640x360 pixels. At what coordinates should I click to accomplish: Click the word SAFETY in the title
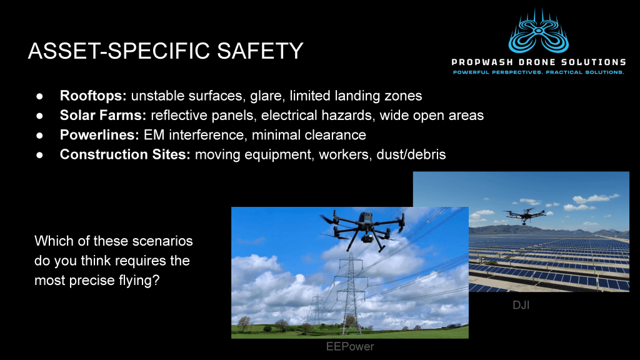click(x=260, y=51)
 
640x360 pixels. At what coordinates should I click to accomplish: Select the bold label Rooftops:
click(x=93, y=96)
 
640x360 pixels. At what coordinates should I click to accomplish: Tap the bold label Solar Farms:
click(x=103, y=116)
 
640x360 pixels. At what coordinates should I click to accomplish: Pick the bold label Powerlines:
click(x=99, y=135)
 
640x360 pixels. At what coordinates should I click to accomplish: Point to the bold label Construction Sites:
click(x=125, y=155)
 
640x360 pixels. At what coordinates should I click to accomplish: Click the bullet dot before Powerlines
click(x=39, y=136)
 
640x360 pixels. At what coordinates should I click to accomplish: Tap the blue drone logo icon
click(x=538, y=31)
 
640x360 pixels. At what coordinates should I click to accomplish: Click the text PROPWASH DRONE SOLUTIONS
click(x=538, y=62)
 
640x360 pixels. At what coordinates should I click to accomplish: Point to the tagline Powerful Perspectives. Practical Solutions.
click(x=538, y=72)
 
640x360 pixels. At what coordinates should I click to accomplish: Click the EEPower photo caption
click(x=350, y=346)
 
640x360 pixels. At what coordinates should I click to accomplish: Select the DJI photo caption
click(x=521, y=305)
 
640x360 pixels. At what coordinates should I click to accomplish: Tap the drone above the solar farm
click(x=524, y=214)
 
